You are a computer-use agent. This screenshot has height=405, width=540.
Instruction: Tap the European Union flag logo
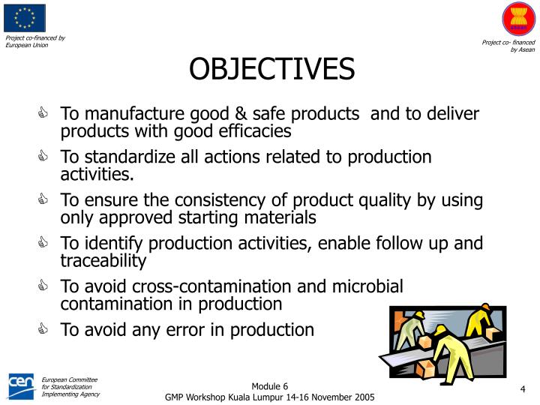pyautogui.click(x=24, y=18)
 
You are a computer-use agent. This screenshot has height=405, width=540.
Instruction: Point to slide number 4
pyautogui.click(x=522, y=388)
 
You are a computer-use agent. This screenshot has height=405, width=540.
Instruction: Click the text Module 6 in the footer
pyautogui.click(x=269, y=385)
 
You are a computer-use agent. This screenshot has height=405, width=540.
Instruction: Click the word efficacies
pyautogui.click(x=255, y=132)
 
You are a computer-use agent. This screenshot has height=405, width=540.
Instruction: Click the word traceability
pyautogui.click(x=103, y=261)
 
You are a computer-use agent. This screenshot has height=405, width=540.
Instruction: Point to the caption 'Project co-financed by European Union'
pyautogui.click(x=35, y=41)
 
